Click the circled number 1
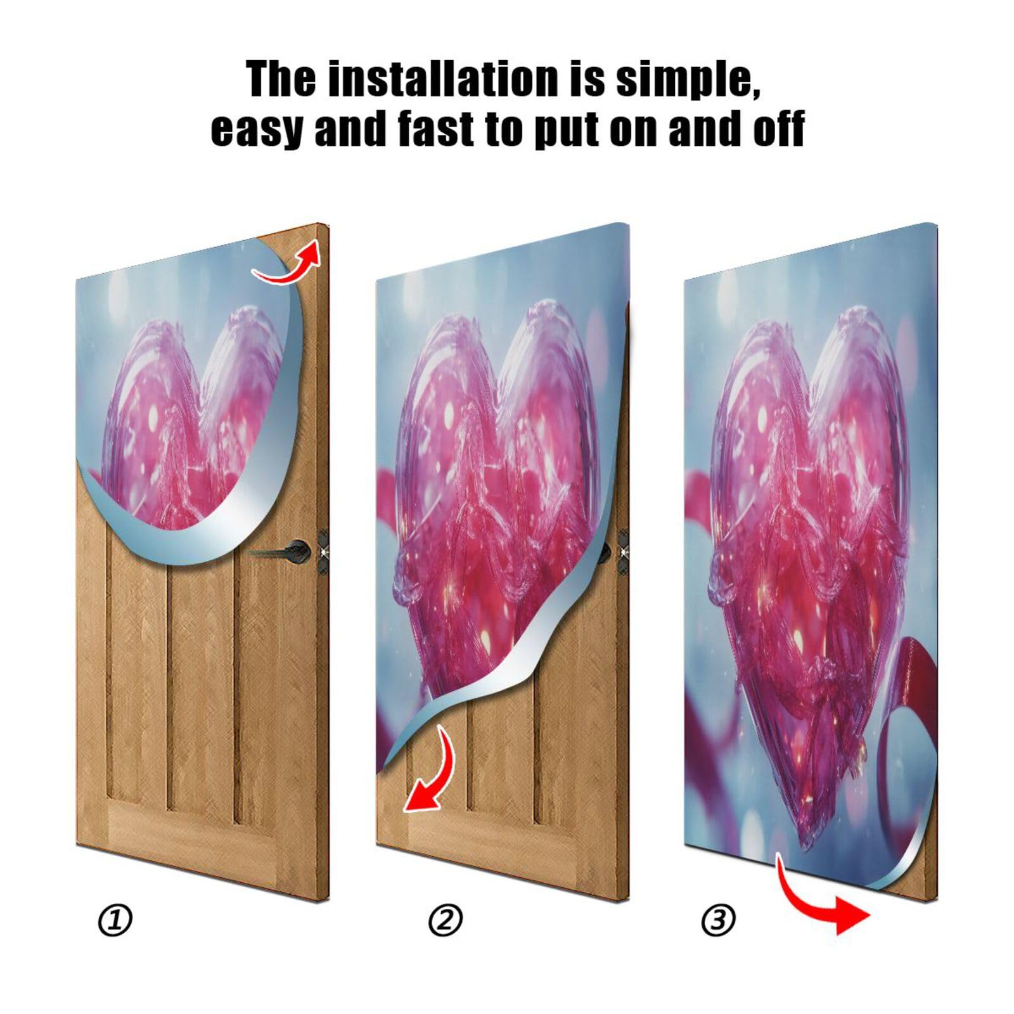(x=115, y=920)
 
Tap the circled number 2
(x=446, y=920)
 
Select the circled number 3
(x=718, y=920)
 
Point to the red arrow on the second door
(x=431, y=773)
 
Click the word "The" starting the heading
(x=281, y=79)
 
